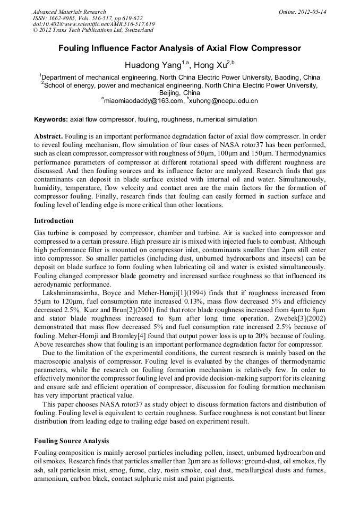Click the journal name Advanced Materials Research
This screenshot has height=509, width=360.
tap(69, 12)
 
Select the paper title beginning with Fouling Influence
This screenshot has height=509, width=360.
tap(179, 48)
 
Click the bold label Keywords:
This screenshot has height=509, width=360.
tap(51, 119)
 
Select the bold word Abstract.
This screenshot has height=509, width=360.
tap(48, 136)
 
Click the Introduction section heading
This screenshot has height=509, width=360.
tap(54, 220)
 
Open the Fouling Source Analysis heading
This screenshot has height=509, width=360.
tap(71, 441)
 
